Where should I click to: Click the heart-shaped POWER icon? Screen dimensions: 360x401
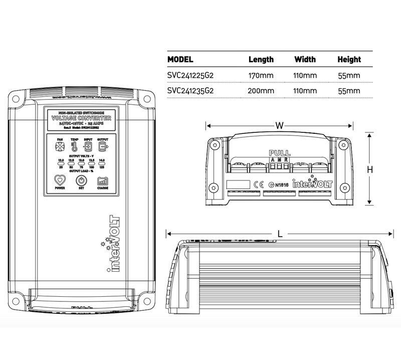tap(60, 180)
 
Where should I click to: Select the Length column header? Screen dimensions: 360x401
tap(261, 59)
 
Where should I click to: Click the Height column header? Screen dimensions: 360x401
tap(349, 59)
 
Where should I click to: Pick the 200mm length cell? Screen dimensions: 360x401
tap(261, 91)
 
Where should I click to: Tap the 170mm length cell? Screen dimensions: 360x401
tap(261, 75)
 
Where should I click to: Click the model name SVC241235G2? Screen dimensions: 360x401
tap(190, 91)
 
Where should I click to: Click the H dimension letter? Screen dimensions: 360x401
tap(370, 170)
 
